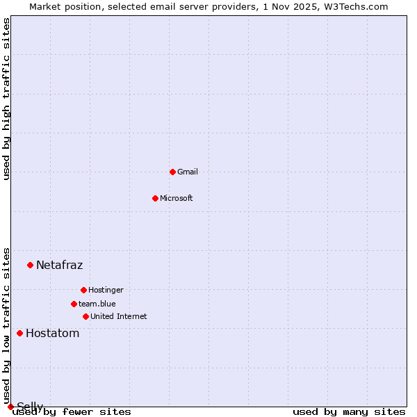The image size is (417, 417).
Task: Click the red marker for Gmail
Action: click(172, 172)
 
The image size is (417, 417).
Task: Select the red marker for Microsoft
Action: click(155, 198)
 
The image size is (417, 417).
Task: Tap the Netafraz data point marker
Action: click(30, 265)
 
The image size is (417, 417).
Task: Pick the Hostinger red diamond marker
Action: click(83, 290)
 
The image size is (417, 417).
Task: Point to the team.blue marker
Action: click(74, 304)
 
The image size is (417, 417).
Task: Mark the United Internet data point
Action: click(85, 316)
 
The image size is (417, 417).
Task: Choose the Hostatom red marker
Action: click(19, 333)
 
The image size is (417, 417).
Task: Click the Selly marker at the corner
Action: click(10, 407)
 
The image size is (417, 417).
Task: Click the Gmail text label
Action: click(188, 172)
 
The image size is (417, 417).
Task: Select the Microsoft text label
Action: click(177, 198)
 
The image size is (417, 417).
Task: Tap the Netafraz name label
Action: click(59, 265)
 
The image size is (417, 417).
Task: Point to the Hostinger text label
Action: click(106, 290)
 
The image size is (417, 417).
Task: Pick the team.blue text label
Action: click(97, 304)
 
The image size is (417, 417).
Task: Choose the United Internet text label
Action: click(119, 316)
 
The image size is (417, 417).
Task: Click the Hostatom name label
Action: click(52, 333)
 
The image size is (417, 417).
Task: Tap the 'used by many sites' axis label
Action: click(349, 411)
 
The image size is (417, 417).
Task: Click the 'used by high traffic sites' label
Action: click(6, 99)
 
